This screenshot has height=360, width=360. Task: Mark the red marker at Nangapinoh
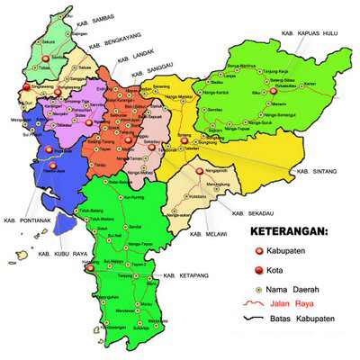click(181, 168)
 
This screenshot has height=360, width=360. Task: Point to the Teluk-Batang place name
click(87, 211)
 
